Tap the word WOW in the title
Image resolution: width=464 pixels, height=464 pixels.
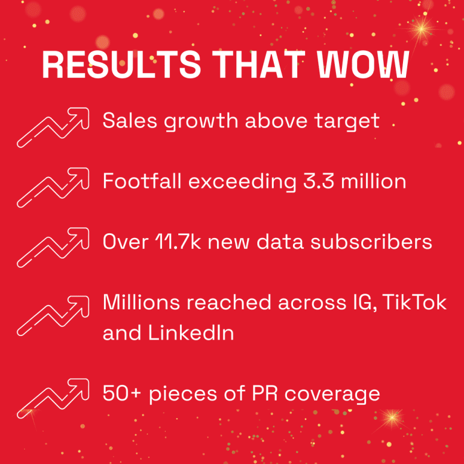(363, 65)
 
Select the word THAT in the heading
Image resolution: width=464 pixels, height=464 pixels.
(259, 65)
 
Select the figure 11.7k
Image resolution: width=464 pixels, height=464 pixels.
(178, 242)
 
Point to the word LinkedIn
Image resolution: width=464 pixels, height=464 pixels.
(191, 333)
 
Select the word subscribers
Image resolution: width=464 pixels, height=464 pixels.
(371, 242)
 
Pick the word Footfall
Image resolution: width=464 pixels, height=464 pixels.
(142, 181)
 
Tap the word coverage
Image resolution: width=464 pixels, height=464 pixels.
(332, 394)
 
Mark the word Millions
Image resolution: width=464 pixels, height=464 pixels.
(141, 302)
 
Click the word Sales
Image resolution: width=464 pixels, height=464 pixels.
(130, 120)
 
